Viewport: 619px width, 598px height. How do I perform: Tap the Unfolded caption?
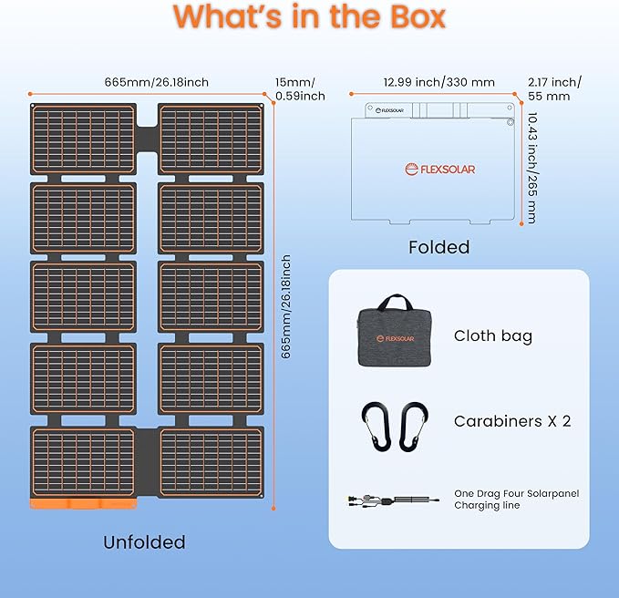point(144,542)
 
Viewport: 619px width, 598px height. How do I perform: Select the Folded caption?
point(439,247)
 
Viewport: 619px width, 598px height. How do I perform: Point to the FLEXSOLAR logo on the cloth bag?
point(395,338)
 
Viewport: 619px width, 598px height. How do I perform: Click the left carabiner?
point(375,427)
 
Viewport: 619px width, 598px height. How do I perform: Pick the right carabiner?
point(414,427)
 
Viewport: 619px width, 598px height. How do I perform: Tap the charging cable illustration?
point(393,501)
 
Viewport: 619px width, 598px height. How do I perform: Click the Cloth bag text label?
point(493,336)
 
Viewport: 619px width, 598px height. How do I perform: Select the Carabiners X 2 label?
point(512,421)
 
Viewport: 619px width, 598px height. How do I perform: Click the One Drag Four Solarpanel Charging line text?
point(516,500)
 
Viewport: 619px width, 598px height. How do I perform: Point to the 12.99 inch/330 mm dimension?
point(439,82)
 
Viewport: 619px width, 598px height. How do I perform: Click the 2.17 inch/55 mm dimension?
point(554,88)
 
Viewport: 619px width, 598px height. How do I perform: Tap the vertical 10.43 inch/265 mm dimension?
point(532,168)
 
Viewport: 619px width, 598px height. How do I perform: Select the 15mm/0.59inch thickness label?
point(300,88)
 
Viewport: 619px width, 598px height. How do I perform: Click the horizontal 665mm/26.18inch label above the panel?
point(156,82)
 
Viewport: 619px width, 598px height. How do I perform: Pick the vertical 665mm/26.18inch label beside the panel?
point(286,306)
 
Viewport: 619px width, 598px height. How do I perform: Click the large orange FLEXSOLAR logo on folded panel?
point(440,170)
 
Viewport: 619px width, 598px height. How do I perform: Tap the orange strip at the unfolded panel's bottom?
point(83,504)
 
